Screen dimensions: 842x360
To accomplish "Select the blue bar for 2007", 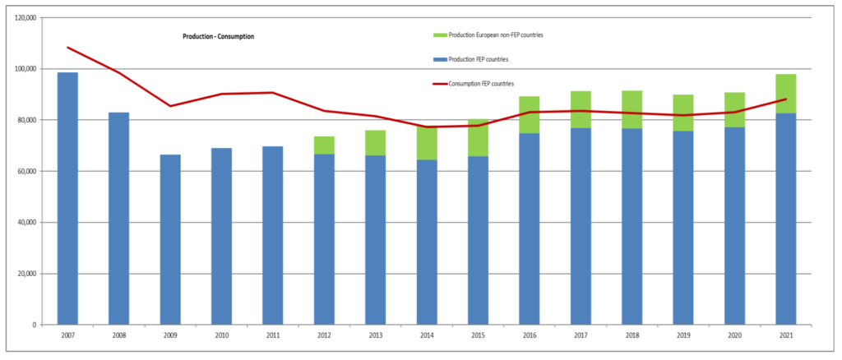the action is tap(67, 199).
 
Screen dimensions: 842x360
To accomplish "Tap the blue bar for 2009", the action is tap(170, 240).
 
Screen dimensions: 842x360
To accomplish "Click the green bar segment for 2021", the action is tap(785, 94).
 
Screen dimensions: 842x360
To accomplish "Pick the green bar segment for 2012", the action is tap(324, 145).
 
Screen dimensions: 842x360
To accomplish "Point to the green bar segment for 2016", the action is tap(529, 115).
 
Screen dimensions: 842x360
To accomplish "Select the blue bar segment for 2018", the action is tap(631, 226).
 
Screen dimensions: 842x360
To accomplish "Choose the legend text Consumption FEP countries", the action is tap(482, 84).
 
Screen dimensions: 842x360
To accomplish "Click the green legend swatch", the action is tap(439, 35).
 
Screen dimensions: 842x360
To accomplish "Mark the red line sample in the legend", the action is tap(439, 84).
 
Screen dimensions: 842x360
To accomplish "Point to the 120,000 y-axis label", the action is tap(25, 18).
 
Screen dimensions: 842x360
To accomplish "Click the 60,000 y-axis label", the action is tap(26, 171).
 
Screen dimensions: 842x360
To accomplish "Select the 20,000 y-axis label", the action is tap(26, 274).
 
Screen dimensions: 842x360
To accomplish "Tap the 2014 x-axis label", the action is tap(427, 335).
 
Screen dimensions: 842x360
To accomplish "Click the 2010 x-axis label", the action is tap(222, 335).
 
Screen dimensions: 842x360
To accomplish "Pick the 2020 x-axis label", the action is tap(734, 335).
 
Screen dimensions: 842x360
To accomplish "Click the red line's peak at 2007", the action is tap(67, 47).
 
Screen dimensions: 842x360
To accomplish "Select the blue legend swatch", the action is tap(439, 59).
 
